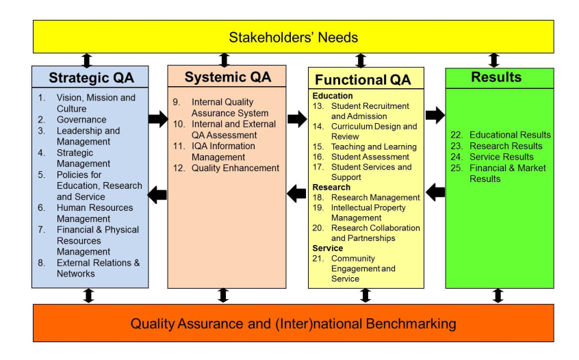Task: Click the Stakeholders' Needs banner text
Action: pos(293,37)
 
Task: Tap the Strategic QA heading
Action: pos(91,77)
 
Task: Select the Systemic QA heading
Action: pos(228,77)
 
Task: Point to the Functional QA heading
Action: pos(363,79)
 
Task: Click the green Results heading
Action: pos(496,77)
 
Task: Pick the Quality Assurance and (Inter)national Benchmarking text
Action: pos(293,324)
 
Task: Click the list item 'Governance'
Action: pos(81,120)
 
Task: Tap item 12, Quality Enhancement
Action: pos(235,168)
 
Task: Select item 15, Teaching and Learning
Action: pos(374,146)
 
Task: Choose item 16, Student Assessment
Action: pos(370,157)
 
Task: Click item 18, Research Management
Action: pos(376,198)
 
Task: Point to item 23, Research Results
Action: pos(506,146)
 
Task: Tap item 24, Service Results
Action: pos(502,157)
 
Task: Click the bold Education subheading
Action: pos(333,96)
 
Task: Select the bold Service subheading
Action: pos(328,248)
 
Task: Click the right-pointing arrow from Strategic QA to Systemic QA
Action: pos(158,119)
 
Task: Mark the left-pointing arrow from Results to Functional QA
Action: pos(435,192)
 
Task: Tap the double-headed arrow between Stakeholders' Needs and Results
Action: pos(494,60)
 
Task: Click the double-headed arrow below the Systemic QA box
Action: pos(222,296)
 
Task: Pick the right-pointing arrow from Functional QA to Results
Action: pos(435,115)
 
